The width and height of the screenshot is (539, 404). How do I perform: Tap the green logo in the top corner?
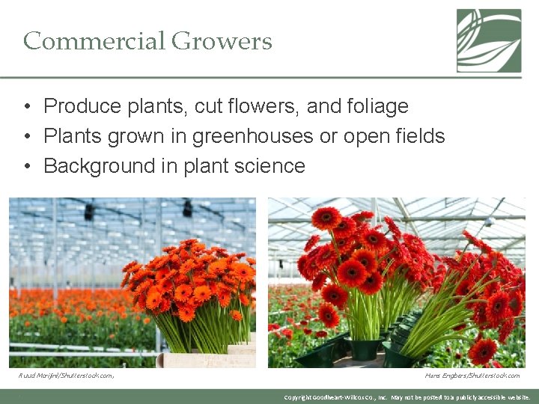[489, 40]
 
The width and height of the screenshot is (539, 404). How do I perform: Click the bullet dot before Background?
[27, 166]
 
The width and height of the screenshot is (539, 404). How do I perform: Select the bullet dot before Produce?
[27, 106]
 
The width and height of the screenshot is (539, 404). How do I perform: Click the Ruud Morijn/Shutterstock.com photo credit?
[66, 376]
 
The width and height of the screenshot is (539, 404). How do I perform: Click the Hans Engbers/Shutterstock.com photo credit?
[472, 376]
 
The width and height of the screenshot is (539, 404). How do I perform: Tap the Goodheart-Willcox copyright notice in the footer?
[408, 397]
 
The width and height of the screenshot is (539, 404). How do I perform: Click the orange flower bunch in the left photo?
[191, 277]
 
